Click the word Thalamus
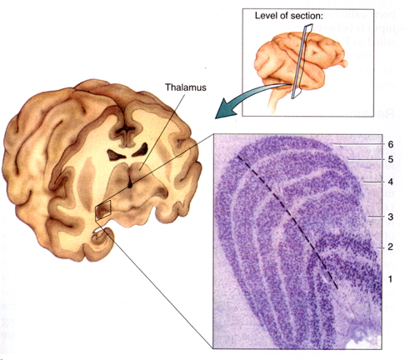click(186, 87)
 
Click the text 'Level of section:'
click(289, 16)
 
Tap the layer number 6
click(391, 144)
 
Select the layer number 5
click(391, 159)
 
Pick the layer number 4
click(391, 182)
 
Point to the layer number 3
click(391, 217)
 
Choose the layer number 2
click(390, 247)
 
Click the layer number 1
click(390, 279)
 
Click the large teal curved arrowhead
click(226, 110)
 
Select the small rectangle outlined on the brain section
click(103, 210)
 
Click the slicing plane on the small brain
click(302, 61)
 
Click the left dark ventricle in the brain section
click(116, 155)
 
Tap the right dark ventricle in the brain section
click(141, 149)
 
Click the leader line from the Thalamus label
click(162, 132)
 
